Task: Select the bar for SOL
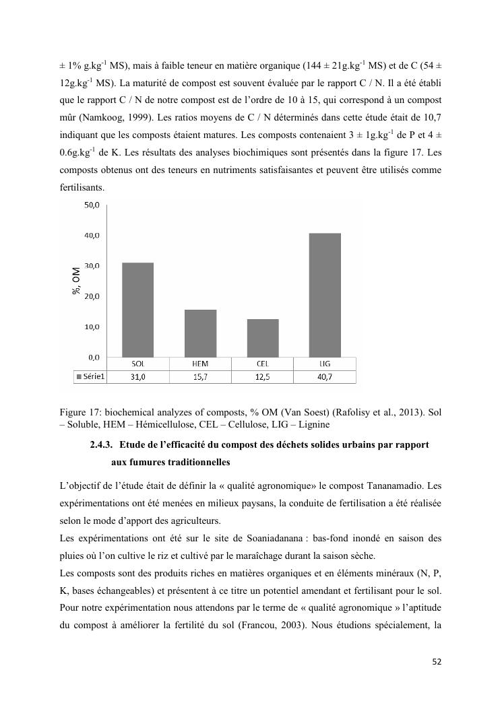137,310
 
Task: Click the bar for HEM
199,333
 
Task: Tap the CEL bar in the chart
262,338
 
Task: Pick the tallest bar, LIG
325,295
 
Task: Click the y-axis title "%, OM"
77,281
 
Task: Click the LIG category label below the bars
325,364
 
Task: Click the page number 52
436,662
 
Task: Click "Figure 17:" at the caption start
82,413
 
